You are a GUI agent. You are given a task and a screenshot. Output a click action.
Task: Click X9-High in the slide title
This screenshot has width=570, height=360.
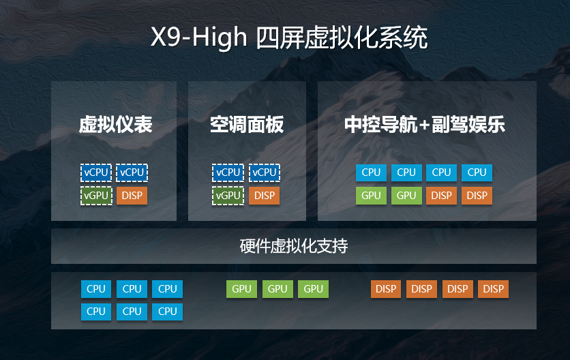pyautogui.click(x=199, y=37)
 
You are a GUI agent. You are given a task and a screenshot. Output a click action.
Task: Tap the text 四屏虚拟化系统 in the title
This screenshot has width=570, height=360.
pyautogui.click(x=342, y=37)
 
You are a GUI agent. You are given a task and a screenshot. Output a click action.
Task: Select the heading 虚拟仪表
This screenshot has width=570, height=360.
pyautogui.click(x=116, y=124)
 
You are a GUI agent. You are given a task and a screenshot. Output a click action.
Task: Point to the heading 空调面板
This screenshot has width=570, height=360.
pyautogui.click(x=247, y=124)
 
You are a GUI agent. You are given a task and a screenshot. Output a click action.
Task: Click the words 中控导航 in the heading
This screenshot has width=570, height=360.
pyautogui.click(x=381, y=124)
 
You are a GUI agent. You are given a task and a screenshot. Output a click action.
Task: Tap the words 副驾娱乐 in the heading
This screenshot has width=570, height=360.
pyautogui.click(x=468, y=124)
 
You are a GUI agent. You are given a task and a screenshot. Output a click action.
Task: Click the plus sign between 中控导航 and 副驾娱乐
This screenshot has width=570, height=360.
pyautogui.click(x=425, y=125)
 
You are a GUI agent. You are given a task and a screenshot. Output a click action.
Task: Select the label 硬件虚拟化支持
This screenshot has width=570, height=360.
pyautogui.click(x=294, y=246)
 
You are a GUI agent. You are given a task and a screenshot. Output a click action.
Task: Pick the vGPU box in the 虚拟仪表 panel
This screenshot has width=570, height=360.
pyautogui.click(x=96, y=196)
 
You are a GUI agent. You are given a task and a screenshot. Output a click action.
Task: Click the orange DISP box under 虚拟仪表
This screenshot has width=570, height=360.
pyautogui.click(x=132, y=196)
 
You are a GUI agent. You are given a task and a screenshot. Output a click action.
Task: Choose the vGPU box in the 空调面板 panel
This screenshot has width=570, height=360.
pyautogui.click(x=228, y=196)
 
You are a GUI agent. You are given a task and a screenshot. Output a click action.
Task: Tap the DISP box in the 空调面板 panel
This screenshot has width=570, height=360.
pyautogui.click(x=265, y=196)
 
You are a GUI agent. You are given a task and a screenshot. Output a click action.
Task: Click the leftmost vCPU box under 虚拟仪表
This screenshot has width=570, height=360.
pyautogui.click(x=96, y=172)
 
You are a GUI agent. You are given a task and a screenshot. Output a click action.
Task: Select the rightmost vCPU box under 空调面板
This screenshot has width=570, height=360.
pyautogui.click(x=265, y=172)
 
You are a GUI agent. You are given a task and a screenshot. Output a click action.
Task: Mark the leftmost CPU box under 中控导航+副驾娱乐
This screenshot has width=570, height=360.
pyautogui.click(x=371, y=172)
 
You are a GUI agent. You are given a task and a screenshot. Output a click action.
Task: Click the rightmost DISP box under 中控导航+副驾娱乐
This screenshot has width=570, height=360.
pyautogui.click(x=477, y=196)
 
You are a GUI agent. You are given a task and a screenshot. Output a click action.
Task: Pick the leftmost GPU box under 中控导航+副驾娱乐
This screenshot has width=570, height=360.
pyautogui.click(x=371, y=196)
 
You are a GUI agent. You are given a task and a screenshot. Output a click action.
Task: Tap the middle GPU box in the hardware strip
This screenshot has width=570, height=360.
pyautogui.click(x=277, y=289)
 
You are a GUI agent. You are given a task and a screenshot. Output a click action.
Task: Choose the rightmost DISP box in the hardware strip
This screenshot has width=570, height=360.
pyautogui.click(x=494, y=289)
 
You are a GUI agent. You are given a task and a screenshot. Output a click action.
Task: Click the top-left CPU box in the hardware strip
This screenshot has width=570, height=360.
pyautogui.click(x=96, y=289)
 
